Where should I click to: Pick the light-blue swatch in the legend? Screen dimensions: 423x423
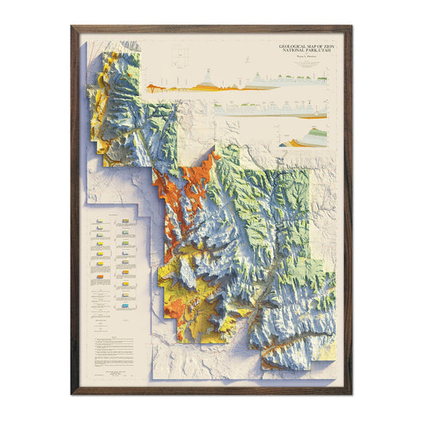point(127,305)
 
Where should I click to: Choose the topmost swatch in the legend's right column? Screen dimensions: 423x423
point(127,224)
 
